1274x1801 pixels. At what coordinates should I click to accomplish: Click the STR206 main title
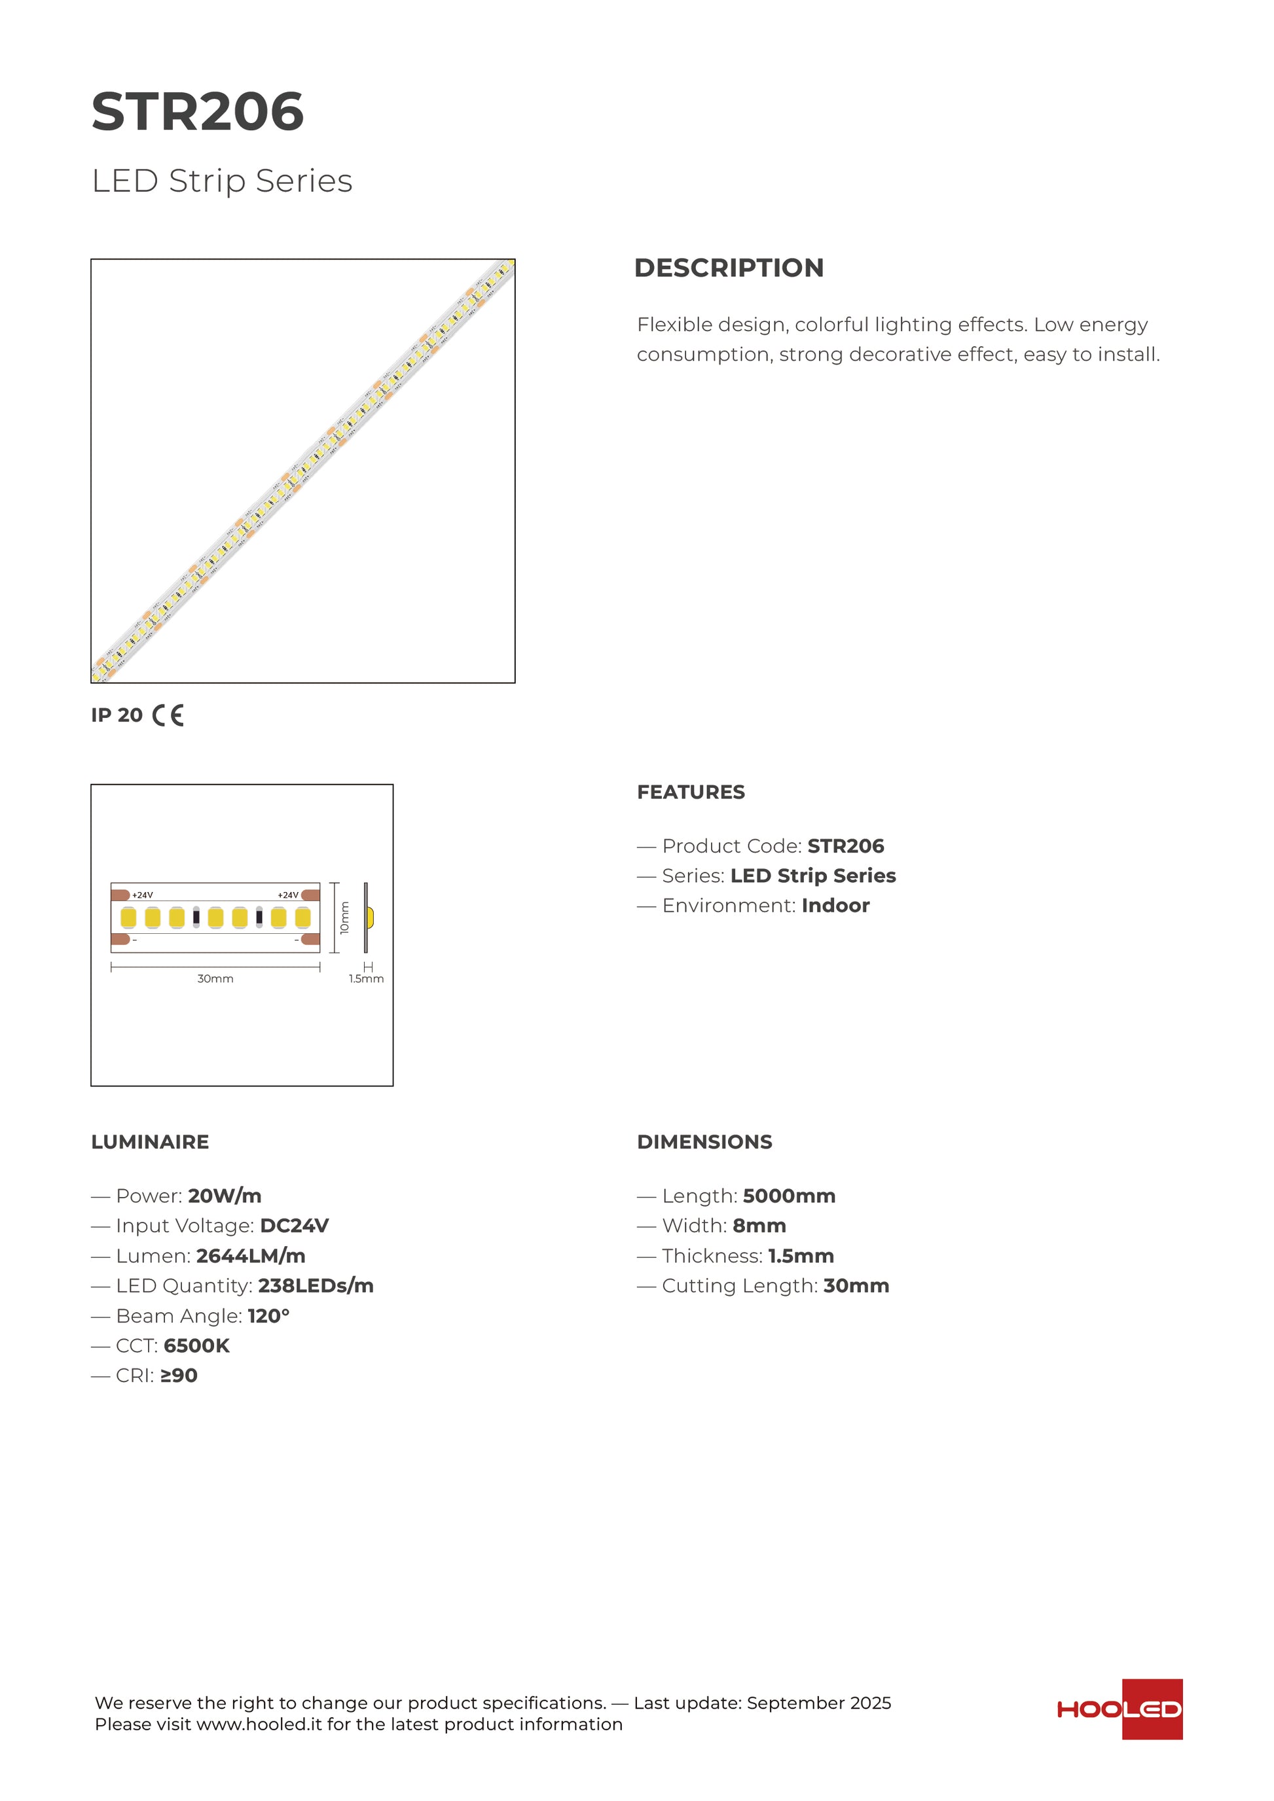[x=198, y=111]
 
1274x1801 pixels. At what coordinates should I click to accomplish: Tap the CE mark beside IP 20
[x=168, y=715]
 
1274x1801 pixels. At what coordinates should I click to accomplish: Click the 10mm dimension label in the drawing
[x=344, y=917]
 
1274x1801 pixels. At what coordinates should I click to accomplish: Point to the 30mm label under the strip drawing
[x=215, y=979]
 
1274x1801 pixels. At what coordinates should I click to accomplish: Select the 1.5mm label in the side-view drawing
[x=367, y=979]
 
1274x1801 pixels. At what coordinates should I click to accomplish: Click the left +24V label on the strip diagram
[x=143, y=895]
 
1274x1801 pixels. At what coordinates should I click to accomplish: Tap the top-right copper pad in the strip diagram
[x=311, y=895]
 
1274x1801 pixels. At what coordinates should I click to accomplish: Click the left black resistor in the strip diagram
[x=196, y=917]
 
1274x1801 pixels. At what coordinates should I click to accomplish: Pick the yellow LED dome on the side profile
[x=371, y=917]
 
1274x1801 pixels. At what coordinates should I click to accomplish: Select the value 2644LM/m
[x=250, y=1256]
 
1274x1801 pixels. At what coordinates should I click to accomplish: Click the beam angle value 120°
[x=268, y=1315]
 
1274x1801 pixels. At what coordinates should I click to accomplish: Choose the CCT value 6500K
[x=196, y=1346]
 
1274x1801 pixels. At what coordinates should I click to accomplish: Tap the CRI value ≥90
[x=178, y=1375]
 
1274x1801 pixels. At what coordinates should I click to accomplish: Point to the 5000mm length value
[x=788, y=1196]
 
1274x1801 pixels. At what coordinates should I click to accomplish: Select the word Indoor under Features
[x=835, y=905]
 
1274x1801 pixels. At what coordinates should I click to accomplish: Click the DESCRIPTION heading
[x=729, y=268]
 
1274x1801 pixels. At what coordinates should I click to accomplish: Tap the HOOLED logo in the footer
[x=1119, y=1709]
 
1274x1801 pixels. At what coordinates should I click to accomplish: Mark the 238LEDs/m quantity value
[x=316, y=1286]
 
